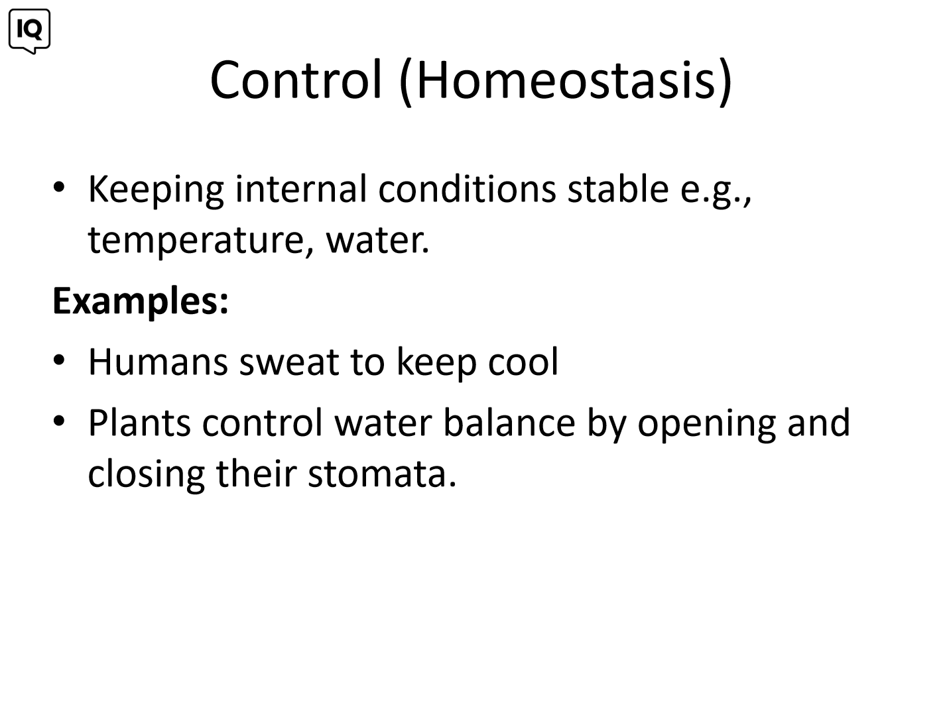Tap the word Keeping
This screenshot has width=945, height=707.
coord(156,191)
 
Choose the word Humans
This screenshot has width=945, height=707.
coord(158,362)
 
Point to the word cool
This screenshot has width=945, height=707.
coord(523,362)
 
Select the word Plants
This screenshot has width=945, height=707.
coord(139,423)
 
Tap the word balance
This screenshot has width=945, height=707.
coord(509,423)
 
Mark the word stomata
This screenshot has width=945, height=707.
coord(382,475)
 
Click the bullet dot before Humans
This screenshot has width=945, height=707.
coord(59,360)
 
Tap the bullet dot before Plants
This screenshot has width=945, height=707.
coord(59,421)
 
